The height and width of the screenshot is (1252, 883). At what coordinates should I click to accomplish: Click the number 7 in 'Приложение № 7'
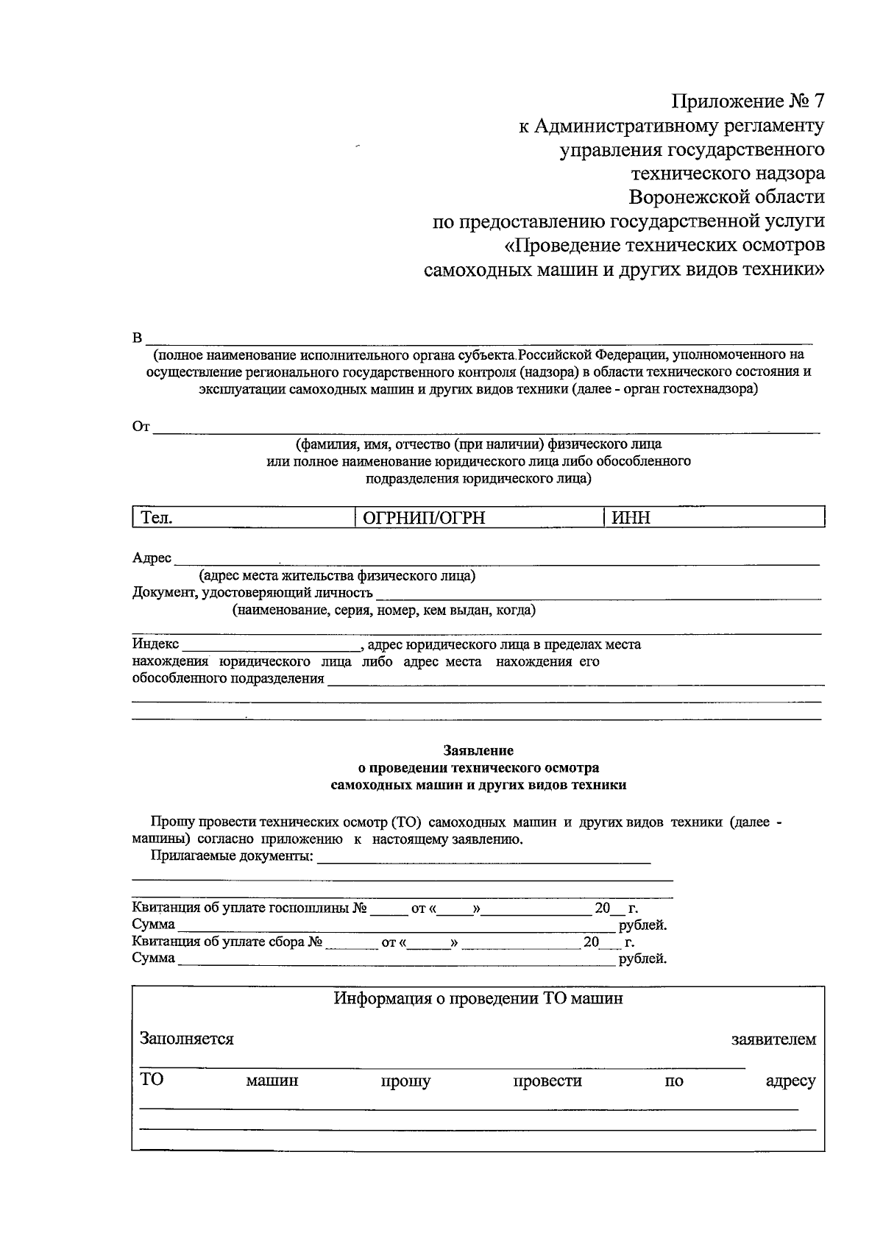pyautogui.click(x=818, y=101)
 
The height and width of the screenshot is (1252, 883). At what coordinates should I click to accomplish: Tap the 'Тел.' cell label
pyautogui.click(x=156, y=518)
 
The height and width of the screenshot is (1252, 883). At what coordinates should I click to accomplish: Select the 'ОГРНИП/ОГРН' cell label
pyautogui.click(x=425, y=518)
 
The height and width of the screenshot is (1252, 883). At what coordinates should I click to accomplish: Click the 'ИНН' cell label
pyautogui.click(x=631, y=518)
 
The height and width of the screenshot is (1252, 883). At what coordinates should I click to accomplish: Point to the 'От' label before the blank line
pyautogui.click(x=141, y=427)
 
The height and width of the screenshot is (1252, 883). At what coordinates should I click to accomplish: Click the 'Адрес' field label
pyautogui.click(x=152, y=558)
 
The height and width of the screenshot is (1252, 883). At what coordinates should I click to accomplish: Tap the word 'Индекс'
pyautogui.click(x=155, y=644)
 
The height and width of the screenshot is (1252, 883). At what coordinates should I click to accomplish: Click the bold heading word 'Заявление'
pyautogui.click(x=478, y=751)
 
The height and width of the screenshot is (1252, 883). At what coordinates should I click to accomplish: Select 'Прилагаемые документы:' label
pyautogui.click(x=232, y=856)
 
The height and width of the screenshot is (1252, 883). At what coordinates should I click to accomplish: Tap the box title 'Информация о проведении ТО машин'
pyautogui.click(x=478, y=999)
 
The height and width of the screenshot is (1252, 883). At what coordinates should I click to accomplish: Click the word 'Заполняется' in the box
pyautogui.click(x=187, y=1039)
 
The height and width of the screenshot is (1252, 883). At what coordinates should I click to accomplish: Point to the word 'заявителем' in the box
pyautogui.click(x=773, y=1039)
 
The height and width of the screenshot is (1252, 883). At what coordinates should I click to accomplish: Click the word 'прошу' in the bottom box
pyautogui.click(x=405, y=1081)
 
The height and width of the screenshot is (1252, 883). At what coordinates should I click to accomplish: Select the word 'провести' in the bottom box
pyautogui.click(x=547, y=1081)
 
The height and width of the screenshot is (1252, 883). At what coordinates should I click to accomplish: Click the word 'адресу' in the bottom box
pyautogui.click(x=790, y=1081)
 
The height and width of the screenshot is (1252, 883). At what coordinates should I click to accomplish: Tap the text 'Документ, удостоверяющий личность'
pyautogui.click(x=252, y=593)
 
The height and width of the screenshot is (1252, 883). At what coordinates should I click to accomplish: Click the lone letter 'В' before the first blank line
pyautogui.click(x=137, y=338)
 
